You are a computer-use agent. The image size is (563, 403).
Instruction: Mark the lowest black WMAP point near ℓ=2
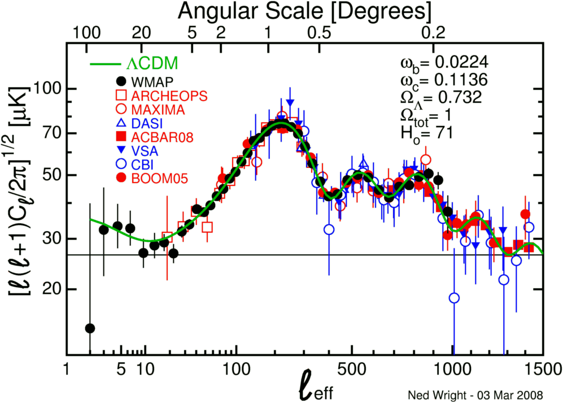coord(89,328)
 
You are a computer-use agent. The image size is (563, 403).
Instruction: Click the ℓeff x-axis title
coord(318,388)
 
